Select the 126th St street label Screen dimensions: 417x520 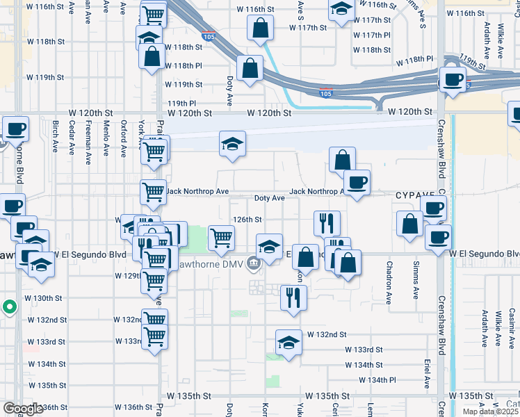(247, 219)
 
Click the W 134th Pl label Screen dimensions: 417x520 (378, 380)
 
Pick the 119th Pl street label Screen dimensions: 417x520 (182, 103)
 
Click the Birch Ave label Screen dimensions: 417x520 (55, 137)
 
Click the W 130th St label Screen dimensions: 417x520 (44, 298)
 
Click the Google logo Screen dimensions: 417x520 (22, 409)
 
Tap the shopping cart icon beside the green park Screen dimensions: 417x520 (221, 238)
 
